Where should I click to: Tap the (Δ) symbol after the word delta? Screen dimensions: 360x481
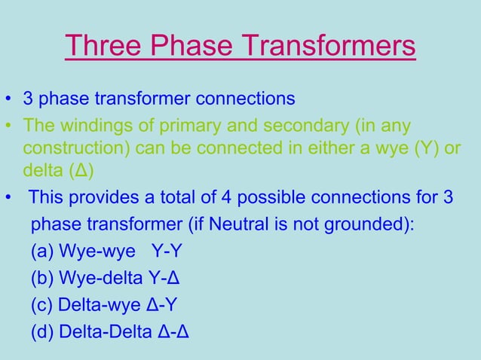[81, 170]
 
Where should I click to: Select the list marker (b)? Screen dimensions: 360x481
[43, 279]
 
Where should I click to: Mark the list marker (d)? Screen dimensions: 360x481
[43, 332]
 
